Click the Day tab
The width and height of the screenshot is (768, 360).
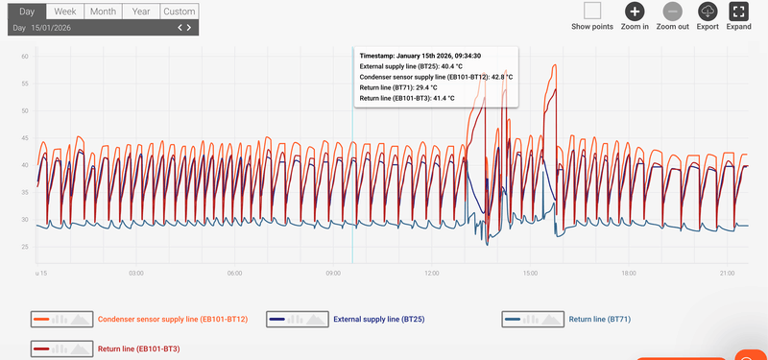pos(27,12)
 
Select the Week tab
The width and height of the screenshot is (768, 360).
pos(65,12)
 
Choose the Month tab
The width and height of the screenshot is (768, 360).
pos(103,12)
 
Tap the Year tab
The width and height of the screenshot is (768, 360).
pos(140,12)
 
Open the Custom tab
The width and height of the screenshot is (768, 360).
pos(179,12)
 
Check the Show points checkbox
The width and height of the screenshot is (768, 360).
pos(592,11)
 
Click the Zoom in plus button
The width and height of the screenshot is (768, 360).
pos(634,11)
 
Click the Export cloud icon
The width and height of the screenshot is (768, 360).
pos(708,11)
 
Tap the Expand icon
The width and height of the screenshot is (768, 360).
pos(738,11)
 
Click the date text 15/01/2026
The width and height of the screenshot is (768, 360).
pos(51,28)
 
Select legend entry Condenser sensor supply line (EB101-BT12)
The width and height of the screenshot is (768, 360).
pos(173,318)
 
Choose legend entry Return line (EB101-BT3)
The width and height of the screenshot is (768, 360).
pos(139,348)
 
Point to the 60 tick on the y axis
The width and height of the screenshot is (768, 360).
pos(25,58)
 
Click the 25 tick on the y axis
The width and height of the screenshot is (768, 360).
pos(25,248)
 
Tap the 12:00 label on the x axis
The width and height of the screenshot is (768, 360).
pos(431,274)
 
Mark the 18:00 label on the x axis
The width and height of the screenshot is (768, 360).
pos(628,274)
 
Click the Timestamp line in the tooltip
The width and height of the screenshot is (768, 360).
pos(420,56)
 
